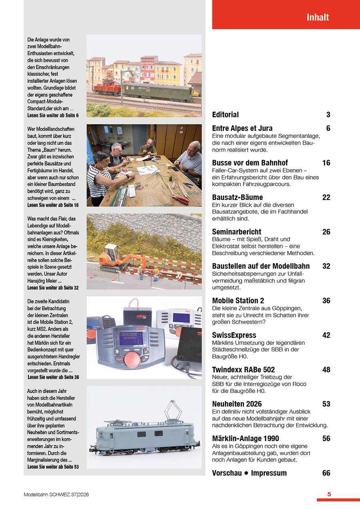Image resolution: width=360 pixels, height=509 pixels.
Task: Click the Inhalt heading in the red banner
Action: click(318, 17)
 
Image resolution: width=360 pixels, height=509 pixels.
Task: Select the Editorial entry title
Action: click(225, 115)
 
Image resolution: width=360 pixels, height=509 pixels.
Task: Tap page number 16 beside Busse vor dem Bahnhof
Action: click(326, 163)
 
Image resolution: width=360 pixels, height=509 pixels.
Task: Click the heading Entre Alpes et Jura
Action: click(242, 128)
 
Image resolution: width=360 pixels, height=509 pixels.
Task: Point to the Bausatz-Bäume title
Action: click(237, 197)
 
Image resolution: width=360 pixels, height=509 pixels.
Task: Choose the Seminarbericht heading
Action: click(236, 232)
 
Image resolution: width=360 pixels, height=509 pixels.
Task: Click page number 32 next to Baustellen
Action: click(326, 266)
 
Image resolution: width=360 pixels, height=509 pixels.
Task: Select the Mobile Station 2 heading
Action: click(238, 300)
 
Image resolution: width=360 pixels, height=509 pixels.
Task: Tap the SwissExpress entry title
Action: click(234, 335)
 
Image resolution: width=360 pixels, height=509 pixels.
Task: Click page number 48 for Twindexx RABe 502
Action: click(326, 369)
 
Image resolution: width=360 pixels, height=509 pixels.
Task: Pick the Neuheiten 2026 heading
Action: click(236, 404)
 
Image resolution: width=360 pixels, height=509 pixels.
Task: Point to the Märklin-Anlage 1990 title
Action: click(246, 438)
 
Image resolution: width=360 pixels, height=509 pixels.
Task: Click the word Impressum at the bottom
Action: click(269, 473)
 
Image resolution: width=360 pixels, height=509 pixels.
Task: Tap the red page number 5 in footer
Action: click(329, 494)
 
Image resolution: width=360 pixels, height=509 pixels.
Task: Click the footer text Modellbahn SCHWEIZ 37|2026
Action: click(56, 495)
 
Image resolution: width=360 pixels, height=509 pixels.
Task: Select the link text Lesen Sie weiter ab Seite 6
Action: click(53, 116)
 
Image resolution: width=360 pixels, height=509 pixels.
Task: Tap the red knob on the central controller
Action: click(132, 359)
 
